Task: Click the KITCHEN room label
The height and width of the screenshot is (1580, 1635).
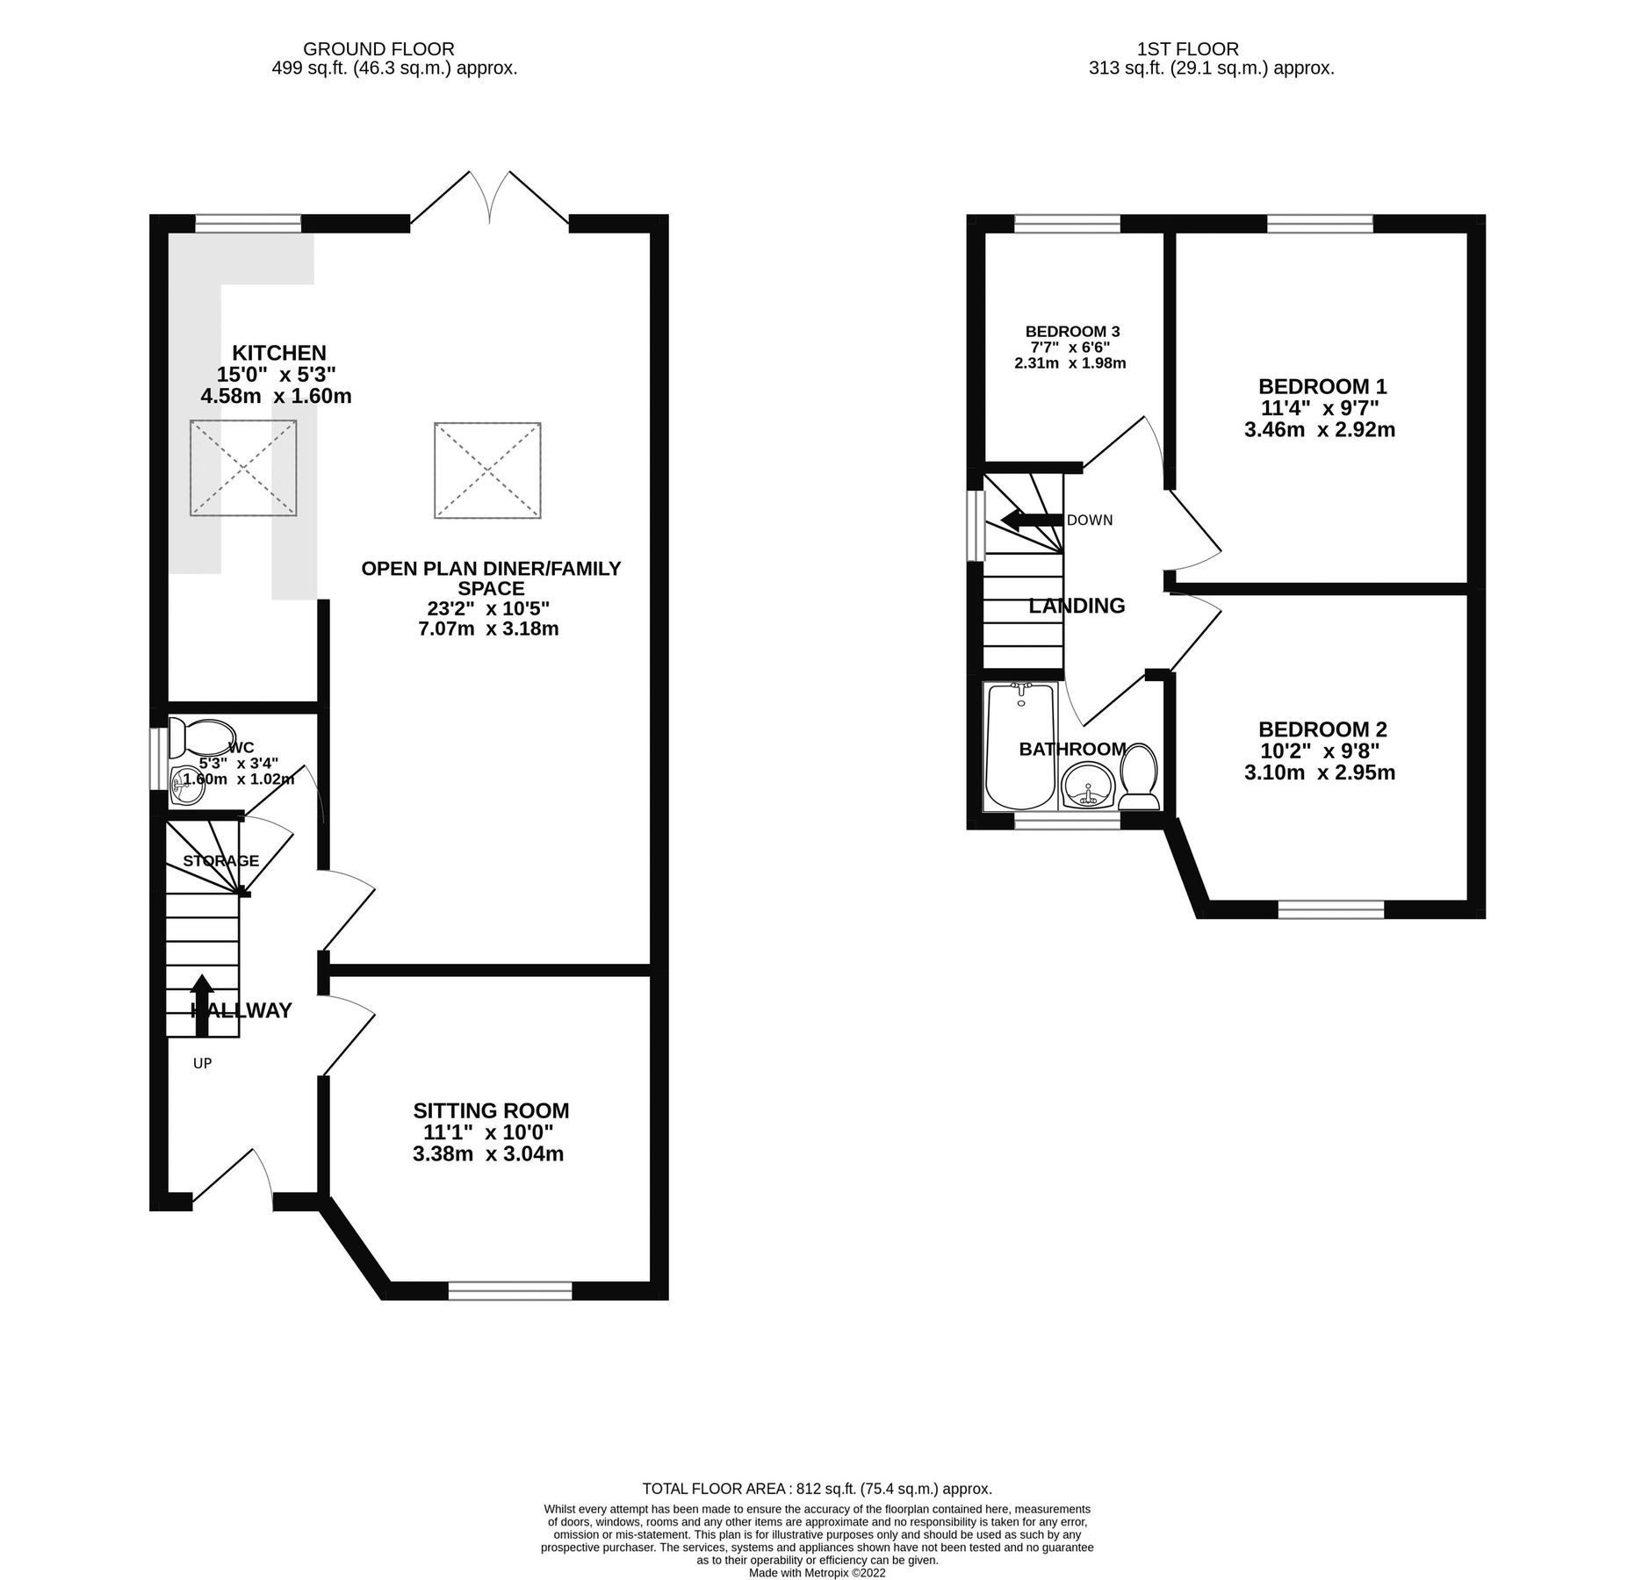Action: click(x=279, y=353)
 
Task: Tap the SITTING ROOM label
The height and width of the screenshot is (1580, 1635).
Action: click(x=491, y=1110)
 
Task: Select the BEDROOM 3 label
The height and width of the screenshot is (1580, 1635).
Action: click(x=1072, y=331)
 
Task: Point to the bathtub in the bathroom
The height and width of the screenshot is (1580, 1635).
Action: click(x=1019, y=746)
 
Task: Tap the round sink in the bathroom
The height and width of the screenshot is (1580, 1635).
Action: click(x=1088, y=785)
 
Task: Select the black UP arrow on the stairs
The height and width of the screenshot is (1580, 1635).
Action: click(x=201, y=1003)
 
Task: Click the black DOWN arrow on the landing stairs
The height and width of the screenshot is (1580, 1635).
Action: click(x=1032, y=521)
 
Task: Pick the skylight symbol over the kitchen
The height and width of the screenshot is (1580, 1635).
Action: click(x=243, y=467)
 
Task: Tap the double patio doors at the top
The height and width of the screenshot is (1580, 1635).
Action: click(x=489, y=200)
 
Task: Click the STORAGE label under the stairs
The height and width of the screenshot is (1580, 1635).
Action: click(x=220, y=860)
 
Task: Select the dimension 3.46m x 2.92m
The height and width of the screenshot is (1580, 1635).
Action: click(x=1320, y=430)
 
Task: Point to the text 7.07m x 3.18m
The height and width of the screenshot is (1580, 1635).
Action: click(x=491, y=628)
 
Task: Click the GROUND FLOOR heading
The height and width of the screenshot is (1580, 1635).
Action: click(x=379, y=49)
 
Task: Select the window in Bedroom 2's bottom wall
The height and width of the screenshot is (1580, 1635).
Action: click(x=1330, y=909)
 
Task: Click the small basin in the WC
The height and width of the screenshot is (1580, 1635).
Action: click(x=187, y=785)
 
